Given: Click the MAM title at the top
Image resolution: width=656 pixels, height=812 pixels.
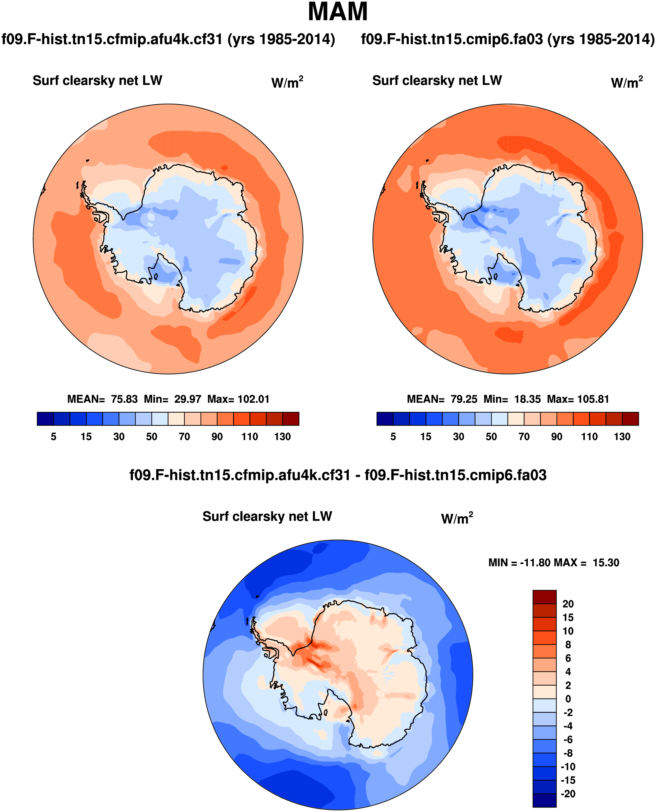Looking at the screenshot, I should (x=337, y=12).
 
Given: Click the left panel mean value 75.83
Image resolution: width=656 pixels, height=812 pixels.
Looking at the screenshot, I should (x=124, y=399).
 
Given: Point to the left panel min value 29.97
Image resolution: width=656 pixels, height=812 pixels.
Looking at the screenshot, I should (x=188, y=399).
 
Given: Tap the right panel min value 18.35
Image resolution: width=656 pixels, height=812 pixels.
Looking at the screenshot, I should (x=527, y=399).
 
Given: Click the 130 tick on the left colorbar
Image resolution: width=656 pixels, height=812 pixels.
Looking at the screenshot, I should (x=282, y=437).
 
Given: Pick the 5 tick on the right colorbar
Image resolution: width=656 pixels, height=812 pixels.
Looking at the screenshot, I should (x=393, y=437).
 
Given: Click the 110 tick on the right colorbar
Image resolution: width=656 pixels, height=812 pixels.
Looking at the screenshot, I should (x=589, y=437).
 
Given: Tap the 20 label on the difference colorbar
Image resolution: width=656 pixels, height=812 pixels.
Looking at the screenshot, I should (x=568, y=604).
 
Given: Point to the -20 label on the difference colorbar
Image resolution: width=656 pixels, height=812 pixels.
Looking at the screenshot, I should (x=568, y=794).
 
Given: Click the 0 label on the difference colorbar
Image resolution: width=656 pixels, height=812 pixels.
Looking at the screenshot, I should (x=568, y=699).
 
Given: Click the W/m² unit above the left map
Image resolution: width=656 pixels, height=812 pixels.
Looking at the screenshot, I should (x=287, y=82).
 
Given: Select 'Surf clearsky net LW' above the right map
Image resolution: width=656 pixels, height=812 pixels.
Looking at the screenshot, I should (x=437, y=81).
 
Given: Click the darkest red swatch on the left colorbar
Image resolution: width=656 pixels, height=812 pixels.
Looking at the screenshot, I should (x=291, y=419).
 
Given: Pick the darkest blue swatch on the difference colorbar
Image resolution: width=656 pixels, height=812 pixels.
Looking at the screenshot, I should (x=544, y=800).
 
